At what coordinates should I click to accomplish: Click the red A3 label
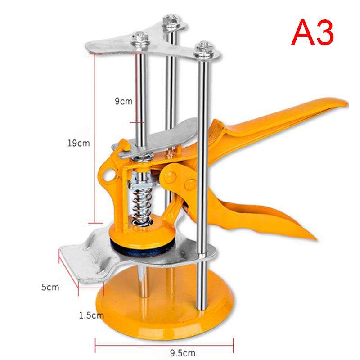(313, 32)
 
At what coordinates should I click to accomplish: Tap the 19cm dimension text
(78, 143)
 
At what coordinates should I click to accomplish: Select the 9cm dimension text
(123, 101)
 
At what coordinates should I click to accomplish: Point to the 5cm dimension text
(50, 287)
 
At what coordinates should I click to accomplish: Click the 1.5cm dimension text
(91, 315)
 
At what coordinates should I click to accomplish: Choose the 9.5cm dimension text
(183, 353)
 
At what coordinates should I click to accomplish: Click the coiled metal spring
(141, 206)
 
